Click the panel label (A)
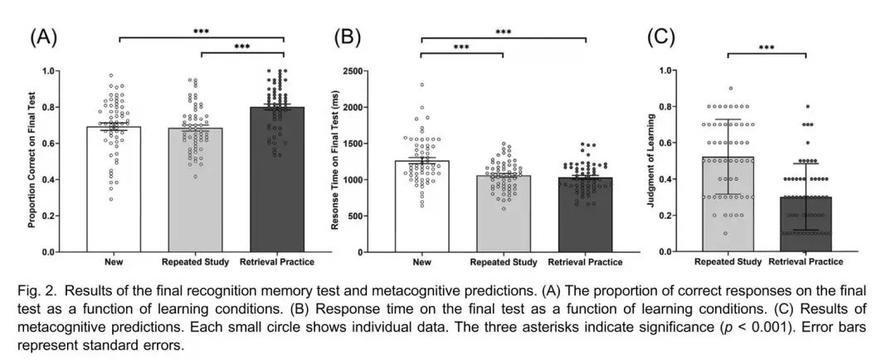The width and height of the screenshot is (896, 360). [43, 36]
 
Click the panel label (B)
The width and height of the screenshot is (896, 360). [347, 36]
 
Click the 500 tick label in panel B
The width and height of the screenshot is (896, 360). [373, 216]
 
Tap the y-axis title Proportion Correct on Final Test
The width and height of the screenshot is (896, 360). [33, 161]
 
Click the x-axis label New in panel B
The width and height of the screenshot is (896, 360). [421, 262]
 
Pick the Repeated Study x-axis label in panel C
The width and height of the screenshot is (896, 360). [728, 262]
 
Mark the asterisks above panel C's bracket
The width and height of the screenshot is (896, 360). [767, 48]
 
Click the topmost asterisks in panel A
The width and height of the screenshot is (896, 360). [201, 32]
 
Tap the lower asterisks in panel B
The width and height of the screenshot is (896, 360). [461, 47]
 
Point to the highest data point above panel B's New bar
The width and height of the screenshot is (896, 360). [421, 85]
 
